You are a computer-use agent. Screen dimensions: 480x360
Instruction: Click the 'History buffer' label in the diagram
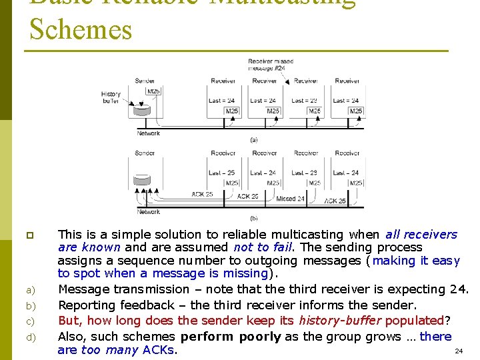(111, 98)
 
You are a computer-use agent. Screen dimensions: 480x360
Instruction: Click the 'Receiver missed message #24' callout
(271, 65)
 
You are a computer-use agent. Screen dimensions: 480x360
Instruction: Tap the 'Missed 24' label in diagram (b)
(291, 199)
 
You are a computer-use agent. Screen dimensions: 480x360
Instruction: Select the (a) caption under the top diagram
(253, 140)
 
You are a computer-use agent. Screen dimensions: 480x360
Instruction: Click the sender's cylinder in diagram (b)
(141, 181)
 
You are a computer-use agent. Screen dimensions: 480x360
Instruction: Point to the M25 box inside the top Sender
(153, 91)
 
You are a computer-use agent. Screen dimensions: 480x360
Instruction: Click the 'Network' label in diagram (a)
(148, 133)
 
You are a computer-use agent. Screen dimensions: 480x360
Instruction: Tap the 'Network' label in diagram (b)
(148, 212)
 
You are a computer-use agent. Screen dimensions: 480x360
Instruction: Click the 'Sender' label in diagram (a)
(145, 81)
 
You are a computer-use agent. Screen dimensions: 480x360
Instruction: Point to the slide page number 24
(458, 351)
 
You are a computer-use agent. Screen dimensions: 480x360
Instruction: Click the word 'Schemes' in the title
(81, 30)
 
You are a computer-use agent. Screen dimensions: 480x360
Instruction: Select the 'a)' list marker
(30, 290)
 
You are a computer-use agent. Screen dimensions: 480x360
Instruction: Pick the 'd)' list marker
(30, 337)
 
